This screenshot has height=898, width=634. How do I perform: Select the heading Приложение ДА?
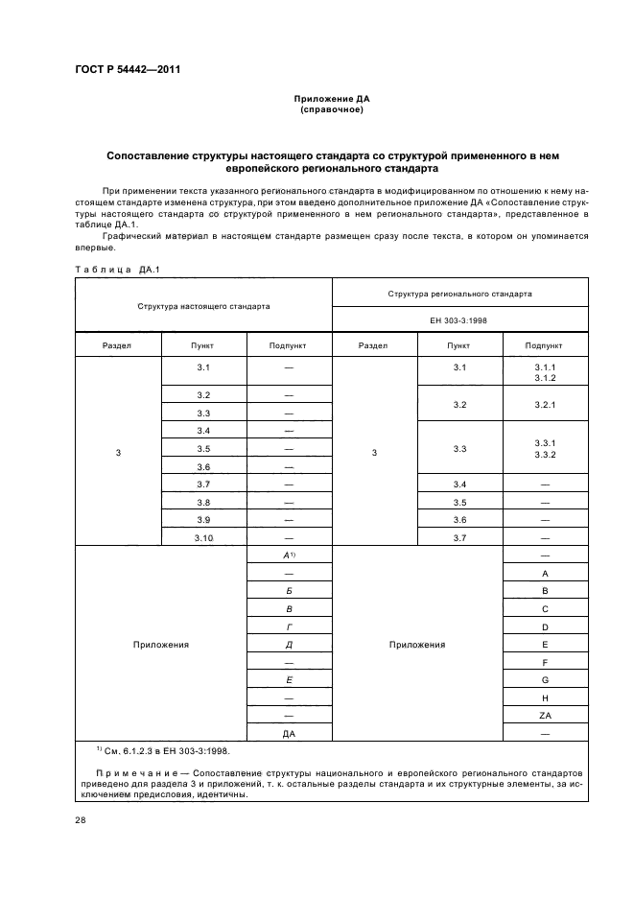coord(331,99)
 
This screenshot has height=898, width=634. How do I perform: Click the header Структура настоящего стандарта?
coord(203,306)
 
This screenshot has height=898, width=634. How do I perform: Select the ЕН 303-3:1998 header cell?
coord(460,320)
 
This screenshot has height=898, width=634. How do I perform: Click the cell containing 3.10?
coord(203,538)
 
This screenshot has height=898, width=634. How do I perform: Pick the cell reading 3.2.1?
coord(544,405)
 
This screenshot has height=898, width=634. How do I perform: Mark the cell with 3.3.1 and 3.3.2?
coord(544,447)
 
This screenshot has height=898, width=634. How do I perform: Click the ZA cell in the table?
coord(544,716)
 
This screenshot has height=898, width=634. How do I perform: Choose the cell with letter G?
coord(544,680)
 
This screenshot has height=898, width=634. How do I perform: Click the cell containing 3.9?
coord(203,520)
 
